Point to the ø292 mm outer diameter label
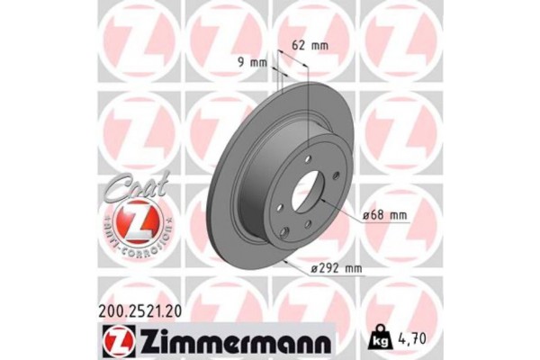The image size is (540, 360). (334, 267)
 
